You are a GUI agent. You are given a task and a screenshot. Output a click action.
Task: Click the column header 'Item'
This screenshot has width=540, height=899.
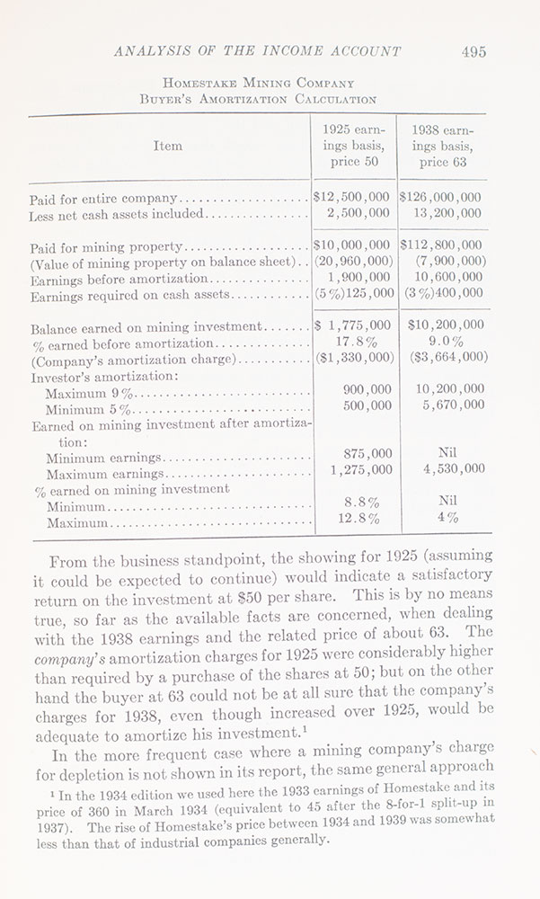coord(167,146)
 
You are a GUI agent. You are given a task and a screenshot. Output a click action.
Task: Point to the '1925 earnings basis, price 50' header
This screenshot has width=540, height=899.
coord(351,146)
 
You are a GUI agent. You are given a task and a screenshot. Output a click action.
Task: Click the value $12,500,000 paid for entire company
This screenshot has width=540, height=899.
coord(351,197)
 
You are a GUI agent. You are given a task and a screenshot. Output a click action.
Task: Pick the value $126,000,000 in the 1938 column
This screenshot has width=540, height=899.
coord(444,197)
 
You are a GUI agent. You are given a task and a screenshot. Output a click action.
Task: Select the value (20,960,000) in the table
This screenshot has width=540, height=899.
coord(351,262)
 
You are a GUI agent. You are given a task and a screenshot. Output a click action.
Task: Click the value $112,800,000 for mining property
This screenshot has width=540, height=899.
coord(444,245)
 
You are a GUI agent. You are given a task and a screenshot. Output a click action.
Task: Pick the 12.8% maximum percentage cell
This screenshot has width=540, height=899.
coord(362,519)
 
